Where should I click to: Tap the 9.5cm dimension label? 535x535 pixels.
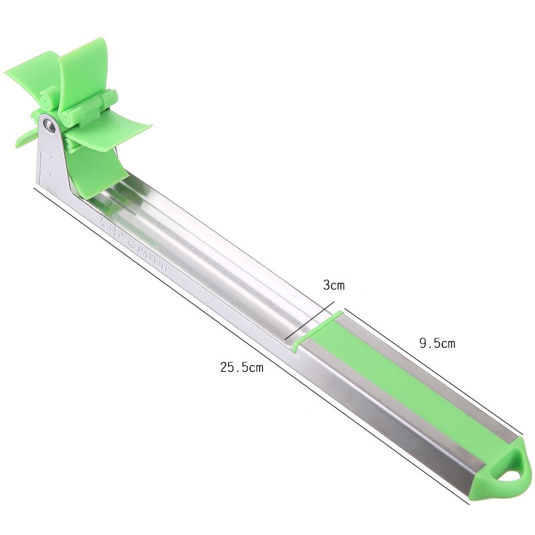tap(437, 344)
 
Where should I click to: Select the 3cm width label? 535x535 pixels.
tap(334, 286)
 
